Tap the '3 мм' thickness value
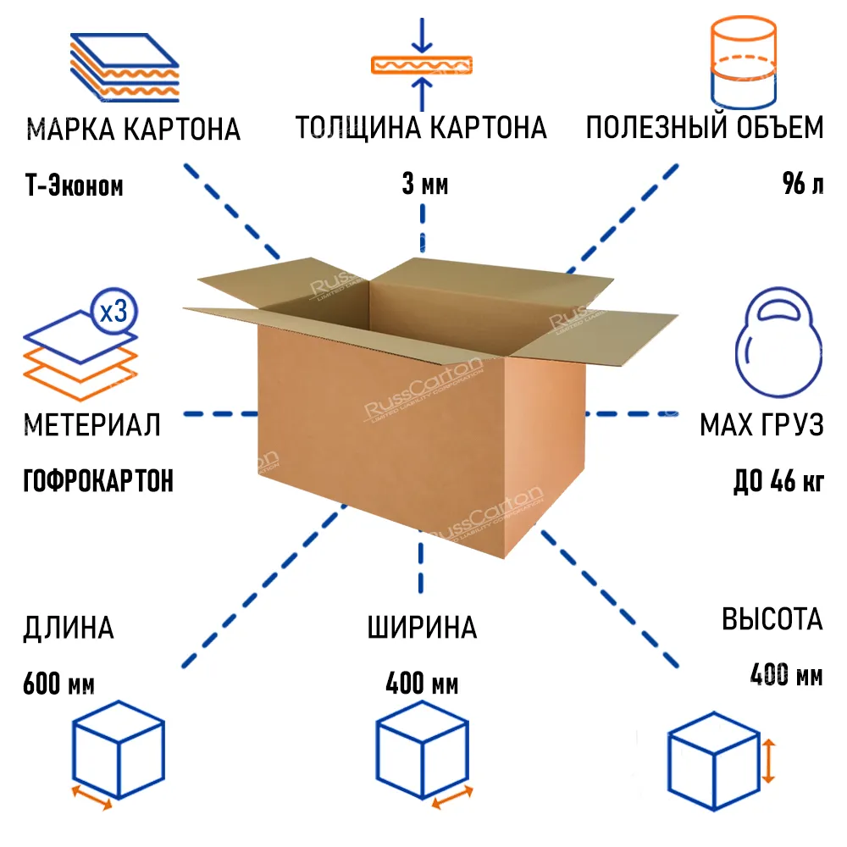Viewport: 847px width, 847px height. coord(424,184)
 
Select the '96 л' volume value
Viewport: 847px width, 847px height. coord(801,184)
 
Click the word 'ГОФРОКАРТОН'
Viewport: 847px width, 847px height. coord(98,481)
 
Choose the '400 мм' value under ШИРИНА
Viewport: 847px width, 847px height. coord(422,683)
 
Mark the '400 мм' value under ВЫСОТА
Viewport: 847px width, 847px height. coord(786,675)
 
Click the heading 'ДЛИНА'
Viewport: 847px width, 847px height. coord(69,628)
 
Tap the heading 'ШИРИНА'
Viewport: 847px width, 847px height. coord(422,628)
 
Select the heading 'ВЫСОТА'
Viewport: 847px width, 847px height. coord(772,619)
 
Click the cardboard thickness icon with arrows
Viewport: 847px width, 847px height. coord(422,64)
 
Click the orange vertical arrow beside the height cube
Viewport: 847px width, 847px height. coord(767,760)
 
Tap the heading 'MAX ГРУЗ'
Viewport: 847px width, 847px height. coord(761,424)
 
